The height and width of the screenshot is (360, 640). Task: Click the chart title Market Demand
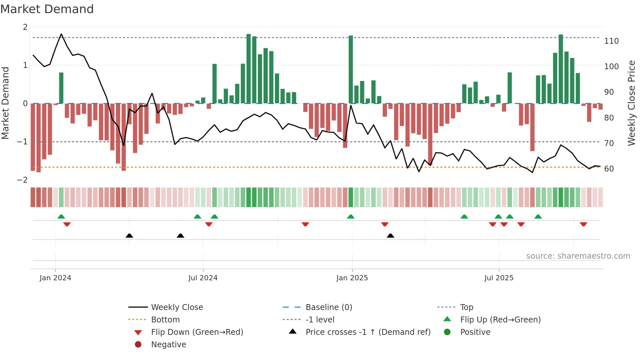[47, 9]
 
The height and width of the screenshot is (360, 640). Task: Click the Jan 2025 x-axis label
[352, 278]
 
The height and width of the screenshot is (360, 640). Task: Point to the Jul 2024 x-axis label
[203, 278]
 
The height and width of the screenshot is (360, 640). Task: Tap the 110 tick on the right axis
[611, 41]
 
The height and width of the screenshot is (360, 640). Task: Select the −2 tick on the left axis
[22, 180]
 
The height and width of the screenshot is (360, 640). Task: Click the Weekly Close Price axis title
[632, 103]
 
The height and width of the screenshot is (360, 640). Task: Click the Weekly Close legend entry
[177, 307]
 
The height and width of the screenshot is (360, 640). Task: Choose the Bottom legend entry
[165, 319]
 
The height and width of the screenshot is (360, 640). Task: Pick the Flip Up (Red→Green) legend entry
[500, 319]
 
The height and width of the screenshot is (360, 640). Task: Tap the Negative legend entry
[168, 344]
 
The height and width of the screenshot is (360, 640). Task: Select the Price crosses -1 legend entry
[368, 332]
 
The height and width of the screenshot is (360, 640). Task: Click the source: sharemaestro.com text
[578, 256]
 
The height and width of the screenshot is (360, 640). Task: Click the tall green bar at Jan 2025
[351, 69]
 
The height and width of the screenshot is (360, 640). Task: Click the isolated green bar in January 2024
[61, 88]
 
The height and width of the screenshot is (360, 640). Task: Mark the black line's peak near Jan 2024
[61, 34]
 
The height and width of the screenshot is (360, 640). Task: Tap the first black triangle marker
[129, 236]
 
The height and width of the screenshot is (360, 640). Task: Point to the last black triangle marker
[390, 236]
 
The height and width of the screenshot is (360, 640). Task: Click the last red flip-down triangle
[584, 224]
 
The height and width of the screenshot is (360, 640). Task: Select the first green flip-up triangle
[61, 217]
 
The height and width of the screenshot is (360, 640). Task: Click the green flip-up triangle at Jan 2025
[351, 217]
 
